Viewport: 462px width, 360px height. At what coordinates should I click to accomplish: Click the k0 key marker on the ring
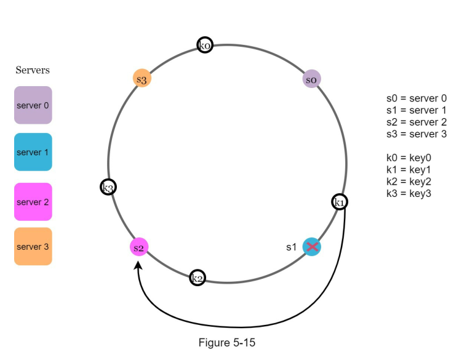click(x=205, y=45)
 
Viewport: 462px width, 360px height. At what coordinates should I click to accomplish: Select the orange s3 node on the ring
click(x=142, y=79)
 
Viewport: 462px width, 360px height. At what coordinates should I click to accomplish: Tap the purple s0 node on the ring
click(x=312, y=79)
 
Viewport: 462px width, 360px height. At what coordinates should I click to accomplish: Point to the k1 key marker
click(x=339, y=202)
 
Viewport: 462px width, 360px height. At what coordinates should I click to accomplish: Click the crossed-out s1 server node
click(x=312, y=247)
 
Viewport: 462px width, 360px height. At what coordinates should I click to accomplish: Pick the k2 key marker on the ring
click(x=197, y=278)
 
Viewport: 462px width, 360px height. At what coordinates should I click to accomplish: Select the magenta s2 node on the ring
click(x=139, y=247)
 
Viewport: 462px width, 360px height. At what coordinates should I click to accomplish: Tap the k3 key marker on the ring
click(x=108, y=187)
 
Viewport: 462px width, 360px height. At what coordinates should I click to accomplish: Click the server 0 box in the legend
click(x=33, y=105)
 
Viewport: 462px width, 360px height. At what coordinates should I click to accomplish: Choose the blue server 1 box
click(x=33, y=151)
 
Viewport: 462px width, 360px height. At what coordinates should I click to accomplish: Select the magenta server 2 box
click(x=33, y=202)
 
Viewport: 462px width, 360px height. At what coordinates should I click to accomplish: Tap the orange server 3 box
click(x=33, y=246)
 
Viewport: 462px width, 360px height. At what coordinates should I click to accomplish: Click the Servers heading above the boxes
click(x=33, y=70)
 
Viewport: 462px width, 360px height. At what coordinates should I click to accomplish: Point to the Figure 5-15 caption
click(x=226, y=343)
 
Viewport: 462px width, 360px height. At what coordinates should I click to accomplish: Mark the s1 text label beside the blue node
click(x=292, y=247)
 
